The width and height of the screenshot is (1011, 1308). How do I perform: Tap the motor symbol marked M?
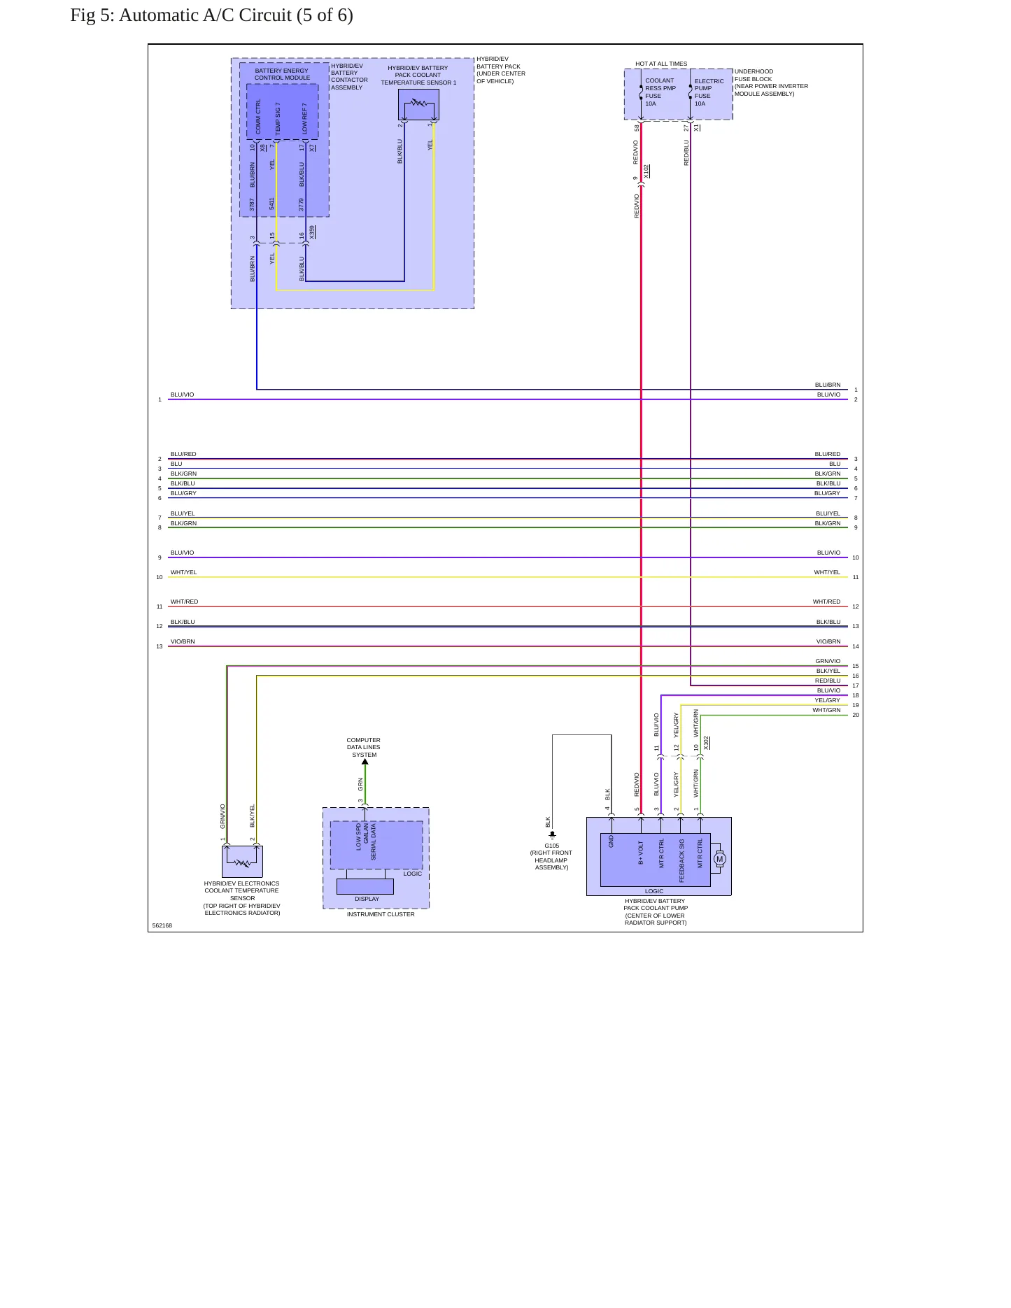(x=719, y=859)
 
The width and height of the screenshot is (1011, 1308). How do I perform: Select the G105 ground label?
(x=551, y=846)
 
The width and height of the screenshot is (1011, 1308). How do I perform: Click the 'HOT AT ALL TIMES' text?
(x=661, y=64)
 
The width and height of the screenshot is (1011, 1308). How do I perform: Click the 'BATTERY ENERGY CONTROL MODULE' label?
(x=281, y=74)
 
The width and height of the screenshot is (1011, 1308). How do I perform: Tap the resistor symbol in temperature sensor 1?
(x=418, y=103)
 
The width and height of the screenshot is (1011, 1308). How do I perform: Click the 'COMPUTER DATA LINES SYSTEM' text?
(x=364, y=747)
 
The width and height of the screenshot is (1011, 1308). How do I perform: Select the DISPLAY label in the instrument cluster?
(x=367, y=899)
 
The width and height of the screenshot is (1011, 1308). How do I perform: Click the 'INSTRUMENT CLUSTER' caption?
(x=381, y=914)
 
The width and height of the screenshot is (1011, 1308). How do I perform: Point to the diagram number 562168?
(x=162, y=925)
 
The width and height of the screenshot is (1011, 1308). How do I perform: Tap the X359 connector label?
(x=313, y=232)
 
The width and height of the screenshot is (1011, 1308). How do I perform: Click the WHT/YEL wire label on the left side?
(x=183, y=572)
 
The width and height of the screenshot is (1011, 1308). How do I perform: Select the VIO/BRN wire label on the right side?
(x=828, y=641)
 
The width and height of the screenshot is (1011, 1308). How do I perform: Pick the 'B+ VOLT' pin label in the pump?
(x=641, y=853)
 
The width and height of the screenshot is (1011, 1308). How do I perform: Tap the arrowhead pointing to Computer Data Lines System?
(x=365, y=762)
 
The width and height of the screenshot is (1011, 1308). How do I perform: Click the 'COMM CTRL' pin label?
(x=258, y=116)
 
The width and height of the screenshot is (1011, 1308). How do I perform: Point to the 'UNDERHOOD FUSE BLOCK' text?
(x=754, y=76)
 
